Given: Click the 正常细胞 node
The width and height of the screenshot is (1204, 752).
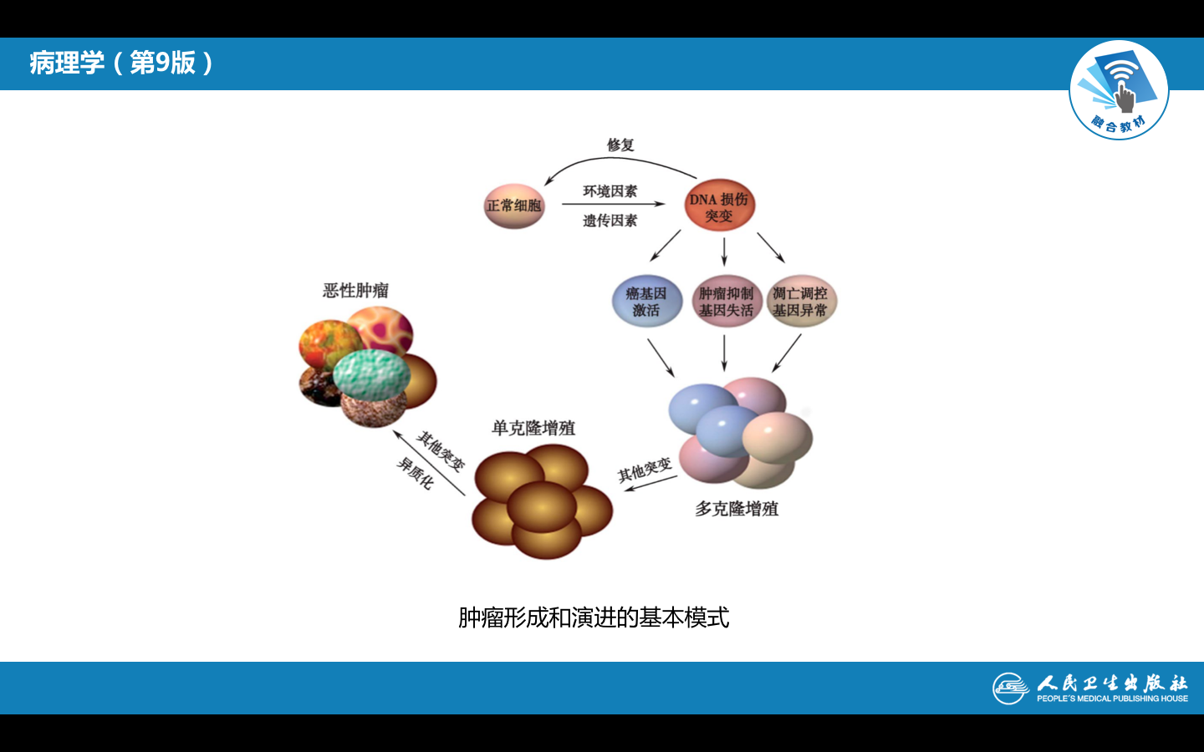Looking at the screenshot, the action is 514,206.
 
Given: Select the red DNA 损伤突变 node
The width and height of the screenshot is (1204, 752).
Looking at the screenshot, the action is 719,206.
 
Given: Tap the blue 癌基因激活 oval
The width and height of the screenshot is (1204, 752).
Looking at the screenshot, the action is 646,302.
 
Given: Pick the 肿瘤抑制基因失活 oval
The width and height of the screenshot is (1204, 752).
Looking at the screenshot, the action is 726,302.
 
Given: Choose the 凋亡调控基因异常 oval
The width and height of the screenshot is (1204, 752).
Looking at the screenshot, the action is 800,302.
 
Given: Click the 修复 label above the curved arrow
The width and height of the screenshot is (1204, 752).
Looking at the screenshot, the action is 620,145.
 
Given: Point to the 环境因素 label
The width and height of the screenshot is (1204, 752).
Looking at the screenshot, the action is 610,191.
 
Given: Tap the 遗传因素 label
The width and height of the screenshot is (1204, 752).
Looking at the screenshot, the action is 610,221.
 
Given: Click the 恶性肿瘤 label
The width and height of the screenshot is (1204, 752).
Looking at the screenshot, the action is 356,291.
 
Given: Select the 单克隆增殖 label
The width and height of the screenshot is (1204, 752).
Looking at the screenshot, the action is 533,429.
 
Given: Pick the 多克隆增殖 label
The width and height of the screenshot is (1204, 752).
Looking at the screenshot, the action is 737,509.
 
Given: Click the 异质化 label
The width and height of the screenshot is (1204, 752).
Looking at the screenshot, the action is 415,473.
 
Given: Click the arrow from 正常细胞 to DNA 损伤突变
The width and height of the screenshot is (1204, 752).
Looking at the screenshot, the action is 613,204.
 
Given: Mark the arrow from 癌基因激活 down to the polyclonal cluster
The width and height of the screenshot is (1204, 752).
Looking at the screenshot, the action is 661,358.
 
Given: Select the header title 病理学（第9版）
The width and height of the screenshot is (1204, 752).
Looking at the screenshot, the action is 122,63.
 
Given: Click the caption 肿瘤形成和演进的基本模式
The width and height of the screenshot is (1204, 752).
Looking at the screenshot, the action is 594,617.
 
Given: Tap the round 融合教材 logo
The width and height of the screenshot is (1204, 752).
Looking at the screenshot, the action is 1119,90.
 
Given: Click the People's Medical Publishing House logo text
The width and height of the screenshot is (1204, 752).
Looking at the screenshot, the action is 1111,688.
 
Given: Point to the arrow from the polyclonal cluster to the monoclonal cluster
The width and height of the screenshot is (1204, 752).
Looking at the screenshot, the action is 650,484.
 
